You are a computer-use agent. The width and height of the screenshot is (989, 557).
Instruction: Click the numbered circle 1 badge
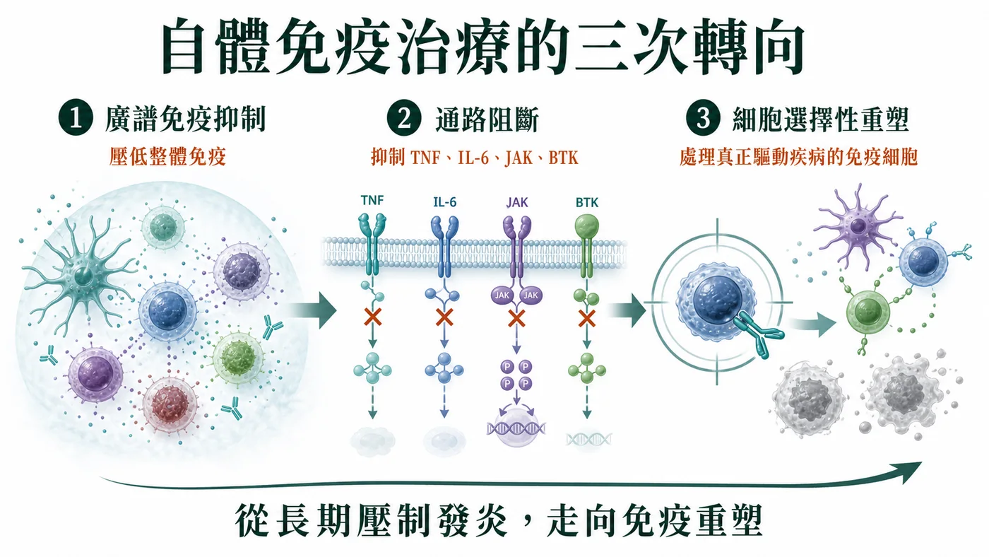point(76,117)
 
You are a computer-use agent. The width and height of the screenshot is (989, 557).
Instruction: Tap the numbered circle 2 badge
point(404,117)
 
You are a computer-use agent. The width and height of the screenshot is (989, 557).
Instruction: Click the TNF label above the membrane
point(372,201)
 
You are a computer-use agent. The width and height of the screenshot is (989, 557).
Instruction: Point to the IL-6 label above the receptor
point(444,202)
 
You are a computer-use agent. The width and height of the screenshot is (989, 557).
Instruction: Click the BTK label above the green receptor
point(587,202)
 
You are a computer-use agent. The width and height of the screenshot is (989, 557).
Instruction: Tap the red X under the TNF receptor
point(373,317)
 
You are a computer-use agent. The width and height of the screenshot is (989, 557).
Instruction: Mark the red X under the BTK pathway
point(587,317)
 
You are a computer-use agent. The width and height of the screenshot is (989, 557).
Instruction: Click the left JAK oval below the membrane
point(502,295)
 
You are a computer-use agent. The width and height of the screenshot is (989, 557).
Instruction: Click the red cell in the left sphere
point(170,404)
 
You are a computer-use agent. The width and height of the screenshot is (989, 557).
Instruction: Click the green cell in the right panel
point(867,312)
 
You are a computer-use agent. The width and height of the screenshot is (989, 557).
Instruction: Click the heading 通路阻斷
point(487,119)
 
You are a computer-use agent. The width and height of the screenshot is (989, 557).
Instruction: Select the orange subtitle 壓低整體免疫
point(168,157)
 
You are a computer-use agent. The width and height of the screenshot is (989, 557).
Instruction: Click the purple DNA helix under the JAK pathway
point(516,428)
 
